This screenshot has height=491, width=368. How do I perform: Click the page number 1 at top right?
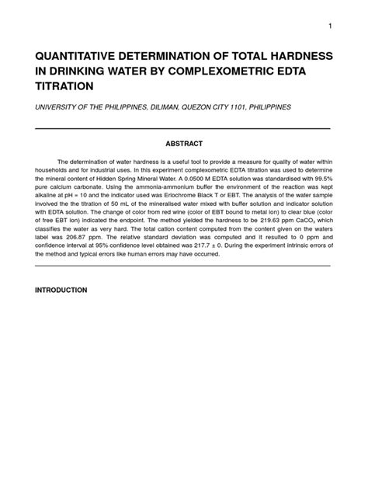click(330, 26)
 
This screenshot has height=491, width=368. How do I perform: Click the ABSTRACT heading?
click(184, 144)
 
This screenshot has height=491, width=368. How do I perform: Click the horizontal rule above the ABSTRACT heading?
click(184, 127)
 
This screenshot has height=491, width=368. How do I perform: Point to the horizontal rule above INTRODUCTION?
click(184, 265)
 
